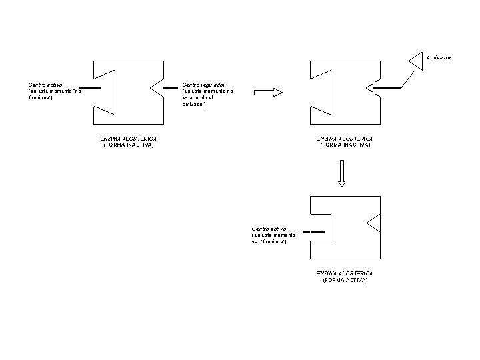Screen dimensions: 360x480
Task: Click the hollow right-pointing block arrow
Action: click(269, 93)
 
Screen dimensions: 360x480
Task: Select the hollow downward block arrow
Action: click(342, 173)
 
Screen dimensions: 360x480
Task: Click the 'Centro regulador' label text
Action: click(203, 85)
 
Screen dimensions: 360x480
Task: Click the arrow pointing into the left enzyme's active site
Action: click(90, 88)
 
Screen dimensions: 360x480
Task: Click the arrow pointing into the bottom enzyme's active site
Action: click(314, 232)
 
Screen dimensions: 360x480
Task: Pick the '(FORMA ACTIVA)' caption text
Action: click(345, 281)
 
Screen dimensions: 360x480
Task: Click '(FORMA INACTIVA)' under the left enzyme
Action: click(129, 145)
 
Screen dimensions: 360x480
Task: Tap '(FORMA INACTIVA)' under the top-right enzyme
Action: click(345, 145)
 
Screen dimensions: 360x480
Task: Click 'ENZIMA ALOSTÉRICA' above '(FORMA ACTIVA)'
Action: click(345, 273)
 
